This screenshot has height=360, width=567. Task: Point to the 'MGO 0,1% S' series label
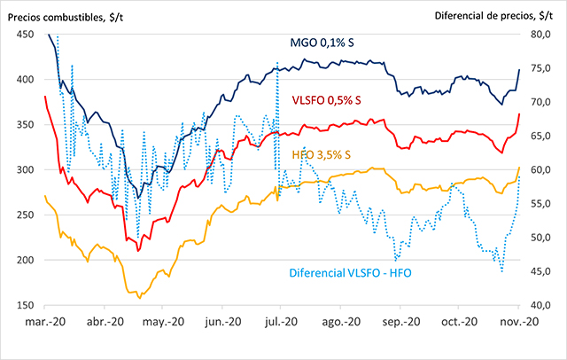(x=323, y=43)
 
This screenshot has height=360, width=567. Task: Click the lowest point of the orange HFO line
(x=139, y=297)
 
